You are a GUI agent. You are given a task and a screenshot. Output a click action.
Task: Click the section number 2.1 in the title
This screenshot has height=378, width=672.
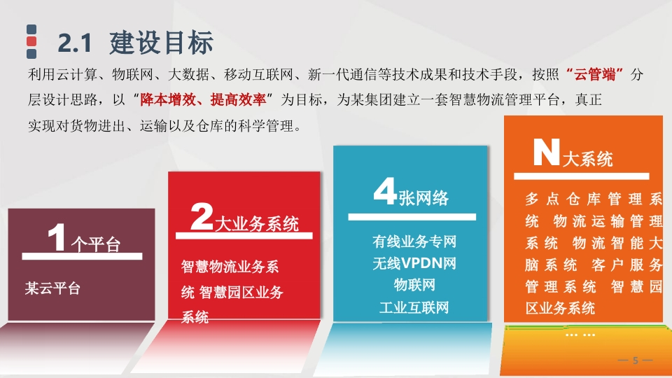[x=75, y=43]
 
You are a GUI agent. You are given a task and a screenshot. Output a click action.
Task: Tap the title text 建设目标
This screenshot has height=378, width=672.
[x=161, y=43]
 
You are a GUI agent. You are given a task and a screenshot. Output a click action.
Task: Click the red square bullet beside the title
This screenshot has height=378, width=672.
[x=31, y=41]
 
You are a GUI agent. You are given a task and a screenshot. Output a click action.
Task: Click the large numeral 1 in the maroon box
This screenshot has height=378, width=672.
[x=56, y=237]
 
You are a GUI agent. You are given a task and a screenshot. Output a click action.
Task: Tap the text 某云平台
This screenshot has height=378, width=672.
[x=52, y=288]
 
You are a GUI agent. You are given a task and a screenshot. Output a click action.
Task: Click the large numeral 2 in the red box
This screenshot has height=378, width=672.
[x=202, y=216]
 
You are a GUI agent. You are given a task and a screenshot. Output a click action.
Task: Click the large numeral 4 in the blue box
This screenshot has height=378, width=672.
[x=384, y=191]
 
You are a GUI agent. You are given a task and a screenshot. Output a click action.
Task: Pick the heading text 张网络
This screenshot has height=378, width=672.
[x=423, y=198]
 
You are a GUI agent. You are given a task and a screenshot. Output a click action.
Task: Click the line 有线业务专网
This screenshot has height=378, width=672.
[x=414, y=241]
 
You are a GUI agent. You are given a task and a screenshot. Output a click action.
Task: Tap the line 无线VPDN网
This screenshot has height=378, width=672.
[x=414, y=263]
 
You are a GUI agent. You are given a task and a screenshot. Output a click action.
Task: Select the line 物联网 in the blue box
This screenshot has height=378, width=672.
[x=414, y=285]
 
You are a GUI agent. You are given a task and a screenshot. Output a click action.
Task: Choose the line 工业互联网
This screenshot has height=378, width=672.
[x=414, y=307]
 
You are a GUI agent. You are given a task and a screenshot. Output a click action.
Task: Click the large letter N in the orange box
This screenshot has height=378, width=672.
[x=547, y=152]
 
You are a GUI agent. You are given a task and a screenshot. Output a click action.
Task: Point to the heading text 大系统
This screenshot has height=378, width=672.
[x=587, y=160]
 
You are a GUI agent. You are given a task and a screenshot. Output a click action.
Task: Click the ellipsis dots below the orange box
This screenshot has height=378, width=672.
[x=580, y=335]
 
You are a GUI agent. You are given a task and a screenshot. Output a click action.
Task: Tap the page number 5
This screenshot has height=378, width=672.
[x=636, y=360]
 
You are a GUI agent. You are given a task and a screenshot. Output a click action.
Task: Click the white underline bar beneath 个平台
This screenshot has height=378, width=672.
[x=82, y=256]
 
